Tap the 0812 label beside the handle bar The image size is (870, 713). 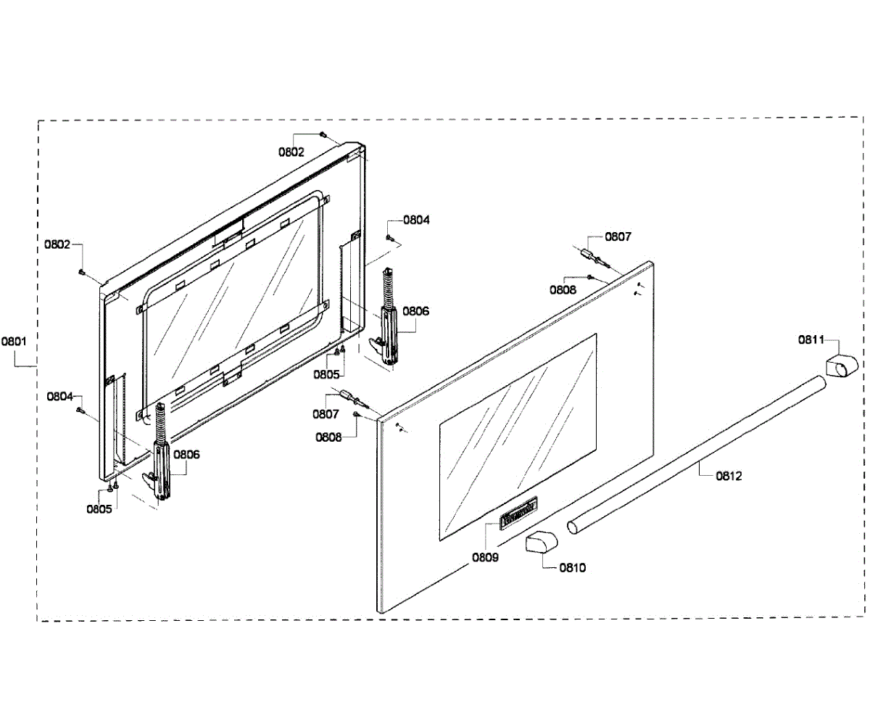(729, 477)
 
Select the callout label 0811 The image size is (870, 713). (811, 339)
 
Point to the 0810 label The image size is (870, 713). (573, 568)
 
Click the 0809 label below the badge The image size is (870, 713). (485, 558)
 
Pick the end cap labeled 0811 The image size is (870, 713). (844, 364)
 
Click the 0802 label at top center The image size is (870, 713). (291, 152)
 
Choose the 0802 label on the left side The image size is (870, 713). (57, 244)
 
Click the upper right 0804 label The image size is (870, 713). (416, 220)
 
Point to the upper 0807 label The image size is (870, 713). (618, 236)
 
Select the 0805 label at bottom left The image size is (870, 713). (99, 508)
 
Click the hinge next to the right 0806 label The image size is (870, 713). (387, 319)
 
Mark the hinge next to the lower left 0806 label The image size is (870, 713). (161, 461)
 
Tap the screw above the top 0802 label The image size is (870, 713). (323, 134)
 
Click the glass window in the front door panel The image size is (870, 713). (518, 432)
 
